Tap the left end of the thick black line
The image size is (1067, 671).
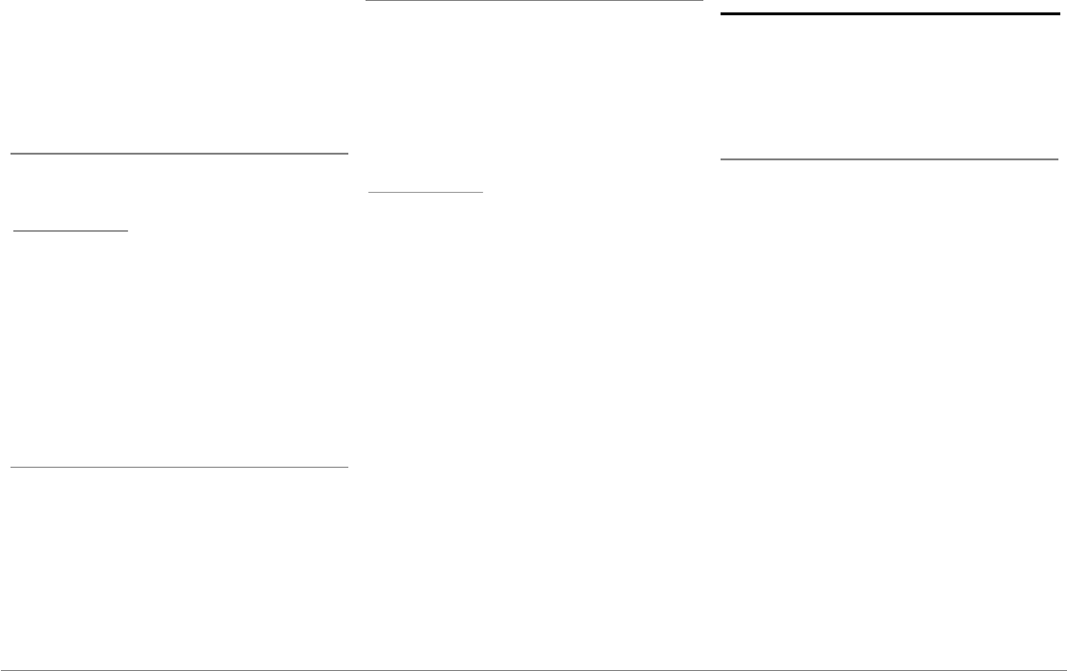pos(721,14)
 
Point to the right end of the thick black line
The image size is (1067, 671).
pos(1046,14)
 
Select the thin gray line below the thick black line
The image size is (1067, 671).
pos(889,158)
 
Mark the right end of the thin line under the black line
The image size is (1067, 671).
pos(1057,158)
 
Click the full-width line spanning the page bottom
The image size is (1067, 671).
pos(533,669)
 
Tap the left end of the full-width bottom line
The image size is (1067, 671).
pos(1,669)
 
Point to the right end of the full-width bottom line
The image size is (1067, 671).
pos(1065,669)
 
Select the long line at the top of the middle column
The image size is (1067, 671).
pos(535,1)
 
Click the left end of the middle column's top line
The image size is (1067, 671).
pos(368,1)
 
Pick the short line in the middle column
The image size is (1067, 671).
pos(427,192)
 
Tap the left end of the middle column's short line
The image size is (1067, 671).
pos(369,192)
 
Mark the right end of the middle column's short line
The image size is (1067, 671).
pos(484,192)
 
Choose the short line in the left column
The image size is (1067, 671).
pos(70,230)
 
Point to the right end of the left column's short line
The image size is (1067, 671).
pos(128,230)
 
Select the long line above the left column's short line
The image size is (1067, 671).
pos(178,153)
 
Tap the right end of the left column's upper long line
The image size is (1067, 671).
pos(347,153)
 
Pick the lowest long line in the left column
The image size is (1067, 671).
pos(178,467)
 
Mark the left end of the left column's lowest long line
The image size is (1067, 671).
pos(10,467)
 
